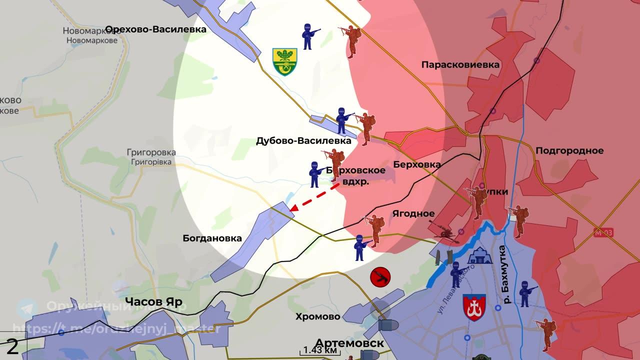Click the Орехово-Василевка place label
click(156, 29)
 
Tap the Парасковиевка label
click(460, 65)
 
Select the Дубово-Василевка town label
click(303, 141)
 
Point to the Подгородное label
click(569, 150)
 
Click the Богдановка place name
click(212, 238)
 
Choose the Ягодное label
click(413, 213)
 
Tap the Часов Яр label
click(153, 301)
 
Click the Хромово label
click(317, 316)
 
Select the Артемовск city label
click(349, 343)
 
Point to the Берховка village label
click(417, 164)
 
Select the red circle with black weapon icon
click(380, 276)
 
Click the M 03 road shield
click(604, 232)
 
